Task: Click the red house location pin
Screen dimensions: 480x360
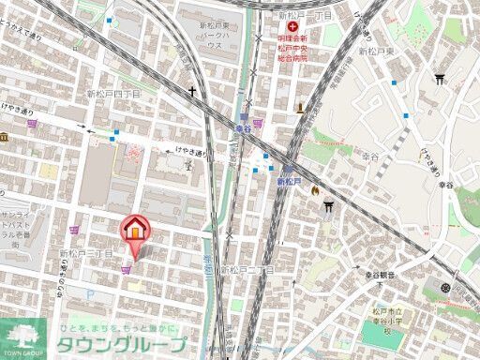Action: [134, 230]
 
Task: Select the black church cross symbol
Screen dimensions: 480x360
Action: [192, 92]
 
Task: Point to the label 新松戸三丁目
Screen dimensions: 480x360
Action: [86, 253]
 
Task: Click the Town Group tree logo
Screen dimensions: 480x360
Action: [25, 338]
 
